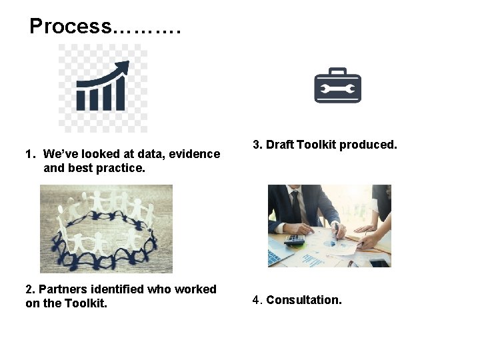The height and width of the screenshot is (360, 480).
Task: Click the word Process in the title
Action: tap(71, 27)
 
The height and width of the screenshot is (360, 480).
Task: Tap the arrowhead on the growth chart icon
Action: tap(123, 67)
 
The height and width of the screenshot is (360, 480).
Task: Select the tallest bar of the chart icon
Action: tap(119, 93)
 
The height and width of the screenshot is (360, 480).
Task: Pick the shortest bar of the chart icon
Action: tap(81, 101)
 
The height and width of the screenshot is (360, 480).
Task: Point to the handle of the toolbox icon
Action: tap(337, 71)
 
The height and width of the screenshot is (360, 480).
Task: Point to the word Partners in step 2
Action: tap(62, 289)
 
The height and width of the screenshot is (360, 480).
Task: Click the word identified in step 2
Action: tap(118, 289)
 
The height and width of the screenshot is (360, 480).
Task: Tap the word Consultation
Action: tap(304, 300)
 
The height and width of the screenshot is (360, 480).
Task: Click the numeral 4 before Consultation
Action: tap(255, 300)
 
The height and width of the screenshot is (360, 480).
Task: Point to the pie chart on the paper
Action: tap(329, 244)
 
